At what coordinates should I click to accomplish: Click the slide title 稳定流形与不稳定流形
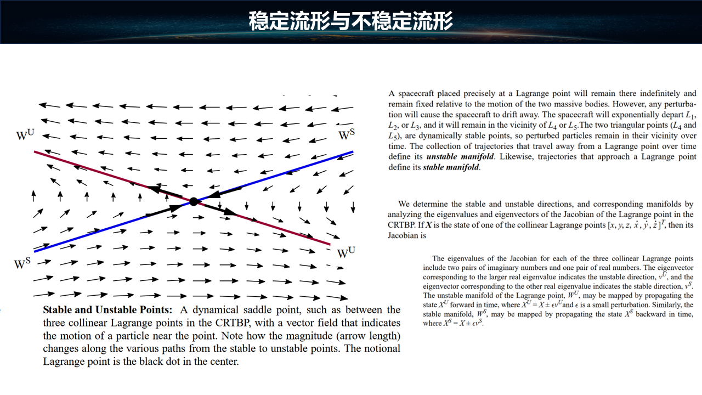[350, 21]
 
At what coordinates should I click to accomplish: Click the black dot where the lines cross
[193, 201]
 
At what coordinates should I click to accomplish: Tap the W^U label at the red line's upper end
[26, 135]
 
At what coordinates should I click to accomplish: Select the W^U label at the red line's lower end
[346, 253]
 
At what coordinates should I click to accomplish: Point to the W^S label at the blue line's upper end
[346, 135]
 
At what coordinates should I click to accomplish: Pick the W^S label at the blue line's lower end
[22, 264]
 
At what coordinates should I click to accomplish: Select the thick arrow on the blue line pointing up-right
[165, 211]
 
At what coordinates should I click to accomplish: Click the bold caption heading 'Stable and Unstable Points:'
[107, 310]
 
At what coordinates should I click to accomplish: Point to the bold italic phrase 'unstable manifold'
[460, 157]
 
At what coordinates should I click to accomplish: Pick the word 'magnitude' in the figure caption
[314, 336]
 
